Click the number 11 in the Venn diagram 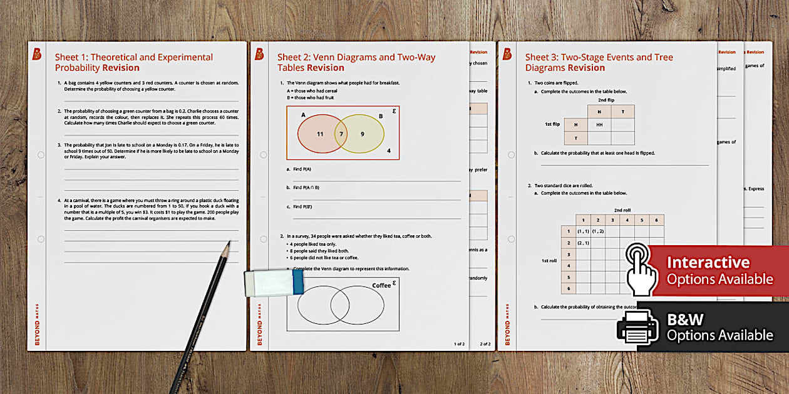pyautogui.click(x=320, y=134)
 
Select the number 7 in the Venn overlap pyautogui.click(x=341, y=134)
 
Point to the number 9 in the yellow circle pyautogui.click(x=362, y=134)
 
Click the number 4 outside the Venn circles pyautogui.click(x=389, y=150)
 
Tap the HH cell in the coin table pyautogui.click(x=599, y=124)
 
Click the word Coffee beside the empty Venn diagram pyautogui.click(x=381, y=286)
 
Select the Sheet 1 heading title pyautogui.click(x=133, y=63)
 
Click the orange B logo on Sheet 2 pyautogui.click(x=259, y=54)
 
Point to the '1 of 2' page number pyautogui.click(x=459, y=344)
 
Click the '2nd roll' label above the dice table pyautogui.click(x=622, y=210)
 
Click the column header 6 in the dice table pyautogui.click(x=656, y=220)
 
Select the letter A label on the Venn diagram pyautogui.click(x=303, y=115)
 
